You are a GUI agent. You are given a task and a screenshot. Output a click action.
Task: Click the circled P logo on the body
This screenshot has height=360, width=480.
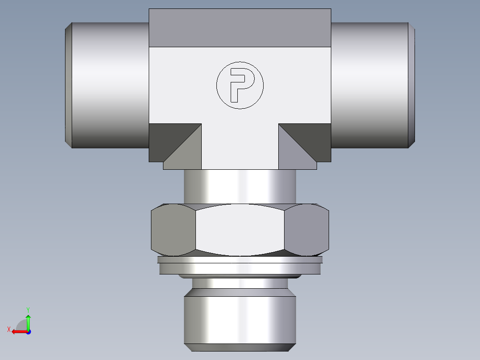coord(240,85)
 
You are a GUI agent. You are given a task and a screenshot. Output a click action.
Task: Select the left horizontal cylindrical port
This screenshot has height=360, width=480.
coord(109,85)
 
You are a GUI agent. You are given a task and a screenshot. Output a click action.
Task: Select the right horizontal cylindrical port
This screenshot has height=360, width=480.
coord(370,85)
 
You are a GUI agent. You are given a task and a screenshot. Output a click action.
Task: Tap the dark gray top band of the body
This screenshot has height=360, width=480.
coord(240,28)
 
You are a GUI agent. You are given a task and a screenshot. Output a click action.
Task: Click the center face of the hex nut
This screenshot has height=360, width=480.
coord(240,230)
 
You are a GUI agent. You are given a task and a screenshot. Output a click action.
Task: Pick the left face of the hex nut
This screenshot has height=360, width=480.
coord(173,230)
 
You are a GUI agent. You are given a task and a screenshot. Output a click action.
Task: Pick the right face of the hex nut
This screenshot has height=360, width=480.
coord(307,230)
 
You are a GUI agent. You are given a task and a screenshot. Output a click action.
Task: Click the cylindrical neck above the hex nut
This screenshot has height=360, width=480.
coord(240,187)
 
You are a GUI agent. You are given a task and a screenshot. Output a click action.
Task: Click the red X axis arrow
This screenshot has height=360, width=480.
coord(18,331)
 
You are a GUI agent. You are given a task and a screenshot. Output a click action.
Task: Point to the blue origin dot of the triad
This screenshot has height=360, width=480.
coord(28,332)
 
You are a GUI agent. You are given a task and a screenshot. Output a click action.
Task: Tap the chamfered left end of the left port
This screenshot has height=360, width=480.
coord(68,85)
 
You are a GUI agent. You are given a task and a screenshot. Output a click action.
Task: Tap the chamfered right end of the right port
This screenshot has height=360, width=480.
coord(412,85)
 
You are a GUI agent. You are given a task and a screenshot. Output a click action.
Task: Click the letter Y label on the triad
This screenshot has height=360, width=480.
coord(28,309)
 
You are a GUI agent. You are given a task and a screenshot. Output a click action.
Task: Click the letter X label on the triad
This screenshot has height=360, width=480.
coord(8,329)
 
